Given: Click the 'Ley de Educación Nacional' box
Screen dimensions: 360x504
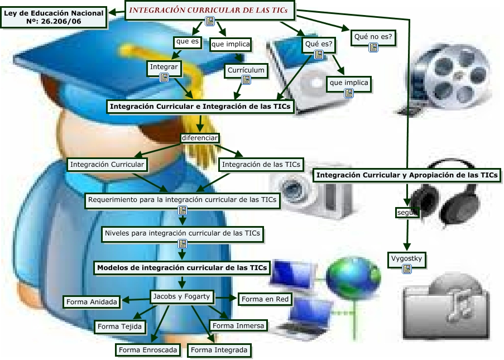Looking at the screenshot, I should [x=54, y=17].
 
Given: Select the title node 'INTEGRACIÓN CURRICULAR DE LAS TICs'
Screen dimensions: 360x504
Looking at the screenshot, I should [x=210, y=9].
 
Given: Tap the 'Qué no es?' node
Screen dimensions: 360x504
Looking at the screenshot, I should [x=373, y=37].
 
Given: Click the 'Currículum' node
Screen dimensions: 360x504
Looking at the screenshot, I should [x=246, y=71].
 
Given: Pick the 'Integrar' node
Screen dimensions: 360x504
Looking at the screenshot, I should [x=164, y=67].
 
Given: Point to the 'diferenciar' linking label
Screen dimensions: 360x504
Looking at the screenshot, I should [x=200, y=138].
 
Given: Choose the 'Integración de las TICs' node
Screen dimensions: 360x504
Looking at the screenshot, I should [x=261, y=165].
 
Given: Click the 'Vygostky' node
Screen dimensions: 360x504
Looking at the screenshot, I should [x=407, y=258].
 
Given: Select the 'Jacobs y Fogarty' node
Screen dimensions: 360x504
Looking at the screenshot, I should [x=181, y=296].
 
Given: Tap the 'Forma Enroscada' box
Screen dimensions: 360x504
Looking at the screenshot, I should [x=148, y=350].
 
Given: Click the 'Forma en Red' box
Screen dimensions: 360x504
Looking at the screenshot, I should [x=265, y=299].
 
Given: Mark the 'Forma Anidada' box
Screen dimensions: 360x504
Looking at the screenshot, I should [x=92, y=302].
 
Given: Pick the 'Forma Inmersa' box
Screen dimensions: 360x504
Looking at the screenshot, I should [x=238, y=325].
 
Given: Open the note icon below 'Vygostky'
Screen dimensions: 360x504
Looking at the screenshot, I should [x=407, y=269].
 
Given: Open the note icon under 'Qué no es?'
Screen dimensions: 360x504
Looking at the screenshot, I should [x=373, y=48].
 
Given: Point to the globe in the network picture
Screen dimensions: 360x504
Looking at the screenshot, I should [x=349, y=276].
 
